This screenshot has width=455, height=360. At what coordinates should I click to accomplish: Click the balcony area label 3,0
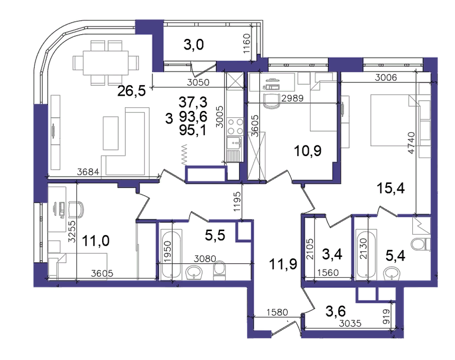[193, 45]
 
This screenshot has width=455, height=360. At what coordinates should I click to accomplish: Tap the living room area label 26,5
[131, 91]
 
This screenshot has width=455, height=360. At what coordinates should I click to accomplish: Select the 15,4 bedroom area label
[390, 188]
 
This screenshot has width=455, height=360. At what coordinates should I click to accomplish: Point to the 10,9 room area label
[308, 151]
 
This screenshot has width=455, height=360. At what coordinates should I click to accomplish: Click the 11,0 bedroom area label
[95, 241]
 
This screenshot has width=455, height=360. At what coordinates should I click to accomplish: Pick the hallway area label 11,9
[283, 264]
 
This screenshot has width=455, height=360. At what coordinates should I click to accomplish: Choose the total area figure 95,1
[192, 130]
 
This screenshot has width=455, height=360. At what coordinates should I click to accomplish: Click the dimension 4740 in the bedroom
[411, 143]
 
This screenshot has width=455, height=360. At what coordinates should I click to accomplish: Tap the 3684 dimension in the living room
[88, 172]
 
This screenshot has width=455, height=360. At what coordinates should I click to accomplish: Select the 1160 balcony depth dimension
[246, 44]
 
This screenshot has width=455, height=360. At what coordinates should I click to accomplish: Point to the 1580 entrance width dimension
[277, 312]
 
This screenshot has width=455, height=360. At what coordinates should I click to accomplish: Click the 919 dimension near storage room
[386, 316]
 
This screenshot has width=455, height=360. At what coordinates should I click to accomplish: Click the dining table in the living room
[105, 63]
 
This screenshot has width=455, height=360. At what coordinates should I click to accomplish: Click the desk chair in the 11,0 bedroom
[76, 210]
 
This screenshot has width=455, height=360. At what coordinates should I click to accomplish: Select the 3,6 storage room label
[336, 311]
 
